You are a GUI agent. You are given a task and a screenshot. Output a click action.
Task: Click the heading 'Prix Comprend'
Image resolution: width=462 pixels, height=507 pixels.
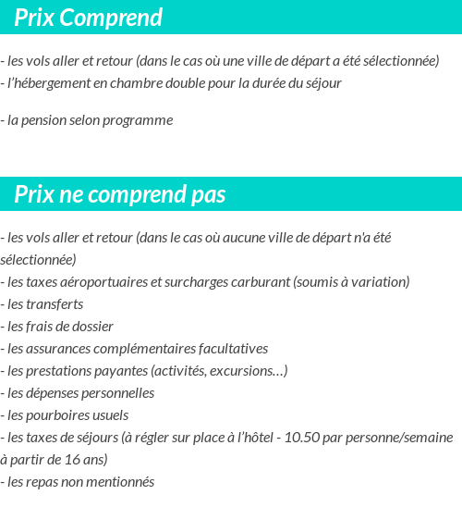(x=88, y=18)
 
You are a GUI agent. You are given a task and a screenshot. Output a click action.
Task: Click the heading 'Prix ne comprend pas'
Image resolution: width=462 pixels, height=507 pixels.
(x=120, y=195)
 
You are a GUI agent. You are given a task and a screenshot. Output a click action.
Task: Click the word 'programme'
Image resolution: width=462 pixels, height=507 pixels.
(x=140, y=120)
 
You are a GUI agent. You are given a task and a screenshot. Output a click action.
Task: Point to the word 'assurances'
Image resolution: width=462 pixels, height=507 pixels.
(x=60, y=349)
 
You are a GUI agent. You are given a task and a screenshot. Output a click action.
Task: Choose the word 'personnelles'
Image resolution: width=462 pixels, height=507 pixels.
(x=115, y=393)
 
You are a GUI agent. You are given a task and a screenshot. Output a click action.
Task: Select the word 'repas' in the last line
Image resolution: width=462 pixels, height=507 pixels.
(x=44, y=482)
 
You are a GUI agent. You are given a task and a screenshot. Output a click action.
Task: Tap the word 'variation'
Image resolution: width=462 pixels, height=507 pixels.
(x=376, y=282)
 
